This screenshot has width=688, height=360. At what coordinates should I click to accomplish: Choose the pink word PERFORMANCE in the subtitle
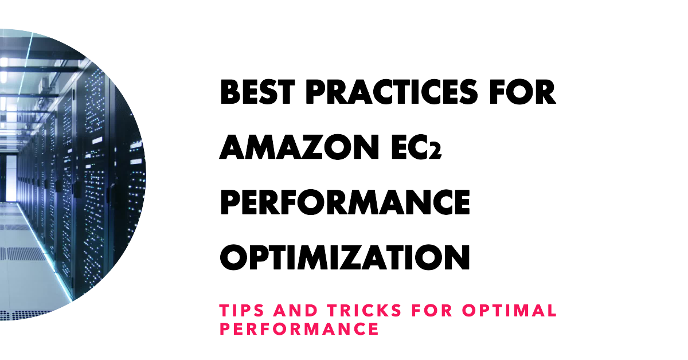(299, 329)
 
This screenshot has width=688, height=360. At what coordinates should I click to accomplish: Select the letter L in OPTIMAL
(551, 311)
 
